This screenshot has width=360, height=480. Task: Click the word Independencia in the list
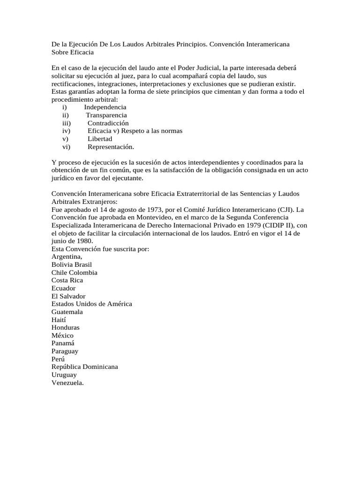pos(105,107)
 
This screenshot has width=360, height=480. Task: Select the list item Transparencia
pos(106,115)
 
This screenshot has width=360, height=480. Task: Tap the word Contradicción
pos(108,123)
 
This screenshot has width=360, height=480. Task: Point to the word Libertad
pos(100,139)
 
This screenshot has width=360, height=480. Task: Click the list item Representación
pos(111,147)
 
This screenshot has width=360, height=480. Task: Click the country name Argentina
pos(67,256)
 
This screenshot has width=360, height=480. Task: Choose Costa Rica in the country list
pos(67,280)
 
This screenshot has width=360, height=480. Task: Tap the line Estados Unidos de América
pos(91,304)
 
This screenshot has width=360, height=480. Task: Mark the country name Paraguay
pos(65,351)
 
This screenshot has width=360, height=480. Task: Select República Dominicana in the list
pos(84,367)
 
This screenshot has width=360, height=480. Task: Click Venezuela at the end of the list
pos(67,382)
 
